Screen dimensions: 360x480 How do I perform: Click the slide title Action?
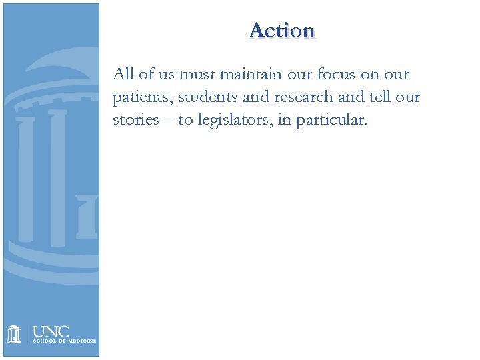(281, 31)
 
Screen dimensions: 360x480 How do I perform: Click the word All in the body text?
(124, 74)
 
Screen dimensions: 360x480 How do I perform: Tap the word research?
(305, 97)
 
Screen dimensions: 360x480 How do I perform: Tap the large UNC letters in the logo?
(51, 331)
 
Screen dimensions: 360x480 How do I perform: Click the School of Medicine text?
(64, 341)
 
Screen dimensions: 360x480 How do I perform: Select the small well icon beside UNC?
(15, 334)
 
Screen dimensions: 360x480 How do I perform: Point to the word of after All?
(147, 74)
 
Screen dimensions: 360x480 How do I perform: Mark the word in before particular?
(297, 121)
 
